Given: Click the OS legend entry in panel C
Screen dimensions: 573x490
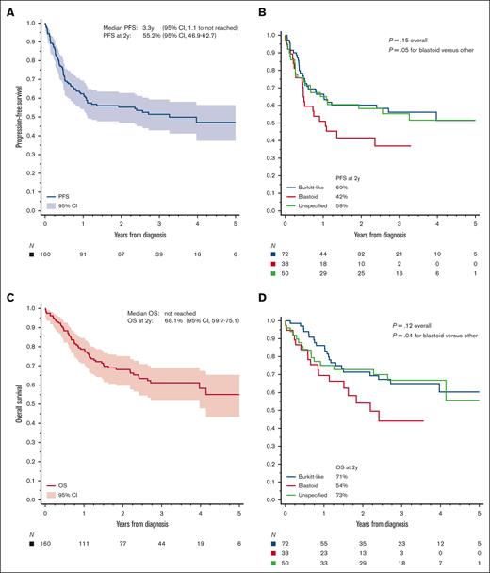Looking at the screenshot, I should (x=70, y=483).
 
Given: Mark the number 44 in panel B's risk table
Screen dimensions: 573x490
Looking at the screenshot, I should (x=320, y=247).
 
